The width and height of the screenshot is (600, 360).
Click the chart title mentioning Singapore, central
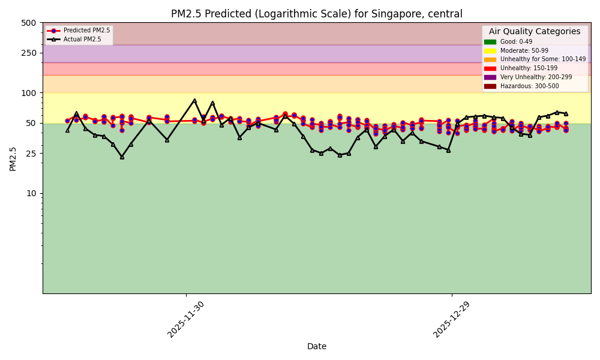[316, 14]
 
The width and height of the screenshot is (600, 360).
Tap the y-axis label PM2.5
[13, 158]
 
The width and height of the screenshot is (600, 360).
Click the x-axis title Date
[316, 346]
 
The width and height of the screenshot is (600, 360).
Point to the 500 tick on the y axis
[29, 23]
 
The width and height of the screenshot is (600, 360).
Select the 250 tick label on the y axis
[29, 53]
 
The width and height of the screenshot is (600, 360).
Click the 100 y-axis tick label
[29, 93]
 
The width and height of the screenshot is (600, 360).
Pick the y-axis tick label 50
[31, 123]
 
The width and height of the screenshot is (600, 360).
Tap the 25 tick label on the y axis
[31, 154]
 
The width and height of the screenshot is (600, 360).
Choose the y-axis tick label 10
[31, 193]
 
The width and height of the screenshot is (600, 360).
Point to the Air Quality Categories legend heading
[535, 32]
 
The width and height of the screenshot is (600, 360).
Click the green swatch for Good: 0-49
[490, 42]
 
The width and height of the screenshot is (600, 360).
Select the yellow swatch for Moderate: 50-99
[490, 51]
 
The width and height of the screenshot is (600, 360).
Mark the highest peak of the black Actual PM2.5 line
[194, 100]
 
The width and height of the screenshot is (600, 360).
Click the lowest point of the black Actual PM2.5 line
[122, 157]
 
